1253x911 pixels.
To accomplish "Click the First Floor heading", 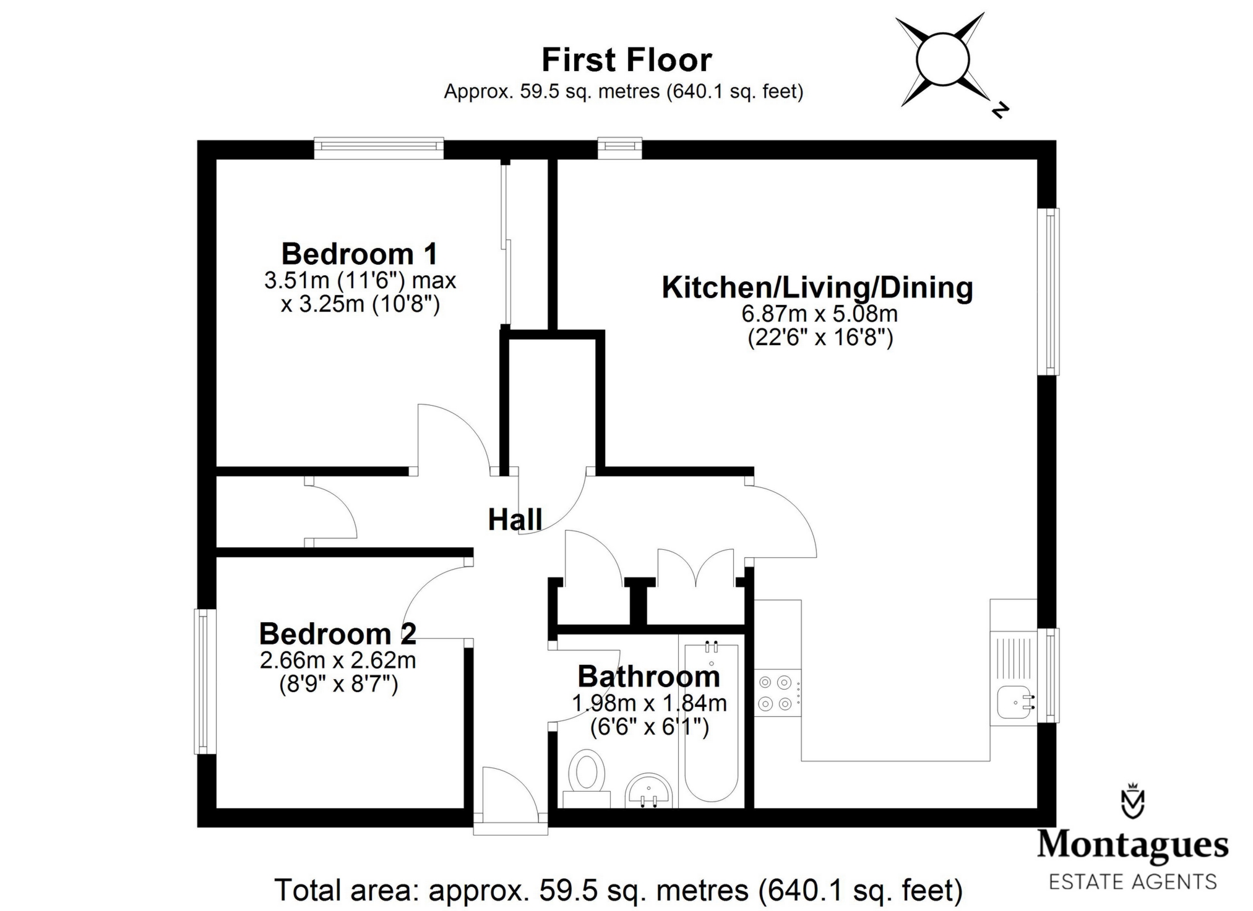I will coord(626,60).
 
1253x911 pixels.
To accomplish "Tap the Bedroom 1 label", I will coord(360,254).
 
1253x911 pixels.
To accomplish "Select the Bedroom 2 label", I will coord(337,634).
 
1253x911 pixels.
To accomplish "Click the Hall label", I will coord(515,520).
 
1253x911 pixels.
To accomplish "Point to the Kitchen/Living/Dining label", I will coord(817,288).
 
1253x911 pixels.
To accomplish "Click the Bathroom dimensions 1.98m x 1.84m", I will coord(649,703).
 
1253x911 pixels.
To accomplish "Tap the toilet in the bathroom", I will coord(586,776).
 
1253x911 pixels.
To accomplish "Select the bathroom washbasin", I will coord(648,792).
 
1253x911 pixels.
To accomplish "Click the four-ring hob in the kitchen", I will coord(776,693).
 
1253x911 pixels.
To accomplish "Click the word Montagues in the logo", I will coord(1132,845).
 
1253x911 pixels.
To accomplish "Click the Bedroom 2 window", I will coord(204,681).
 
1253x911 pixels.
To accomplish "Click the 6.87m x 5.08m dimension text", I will coord(819,314).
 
